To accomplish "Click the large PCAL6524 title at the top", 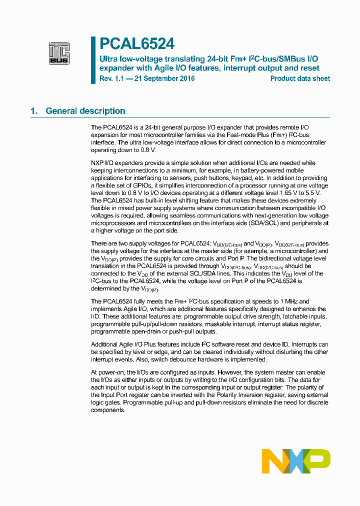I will (x=136, y=44).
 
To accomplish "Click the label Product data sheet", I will (x=300, y=78).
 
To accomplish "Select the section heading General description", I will (x=85, y=111).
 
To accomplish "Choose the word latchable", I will (x=295, y=316).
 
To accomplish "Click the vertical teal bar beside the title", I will (x=93, y=60).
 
